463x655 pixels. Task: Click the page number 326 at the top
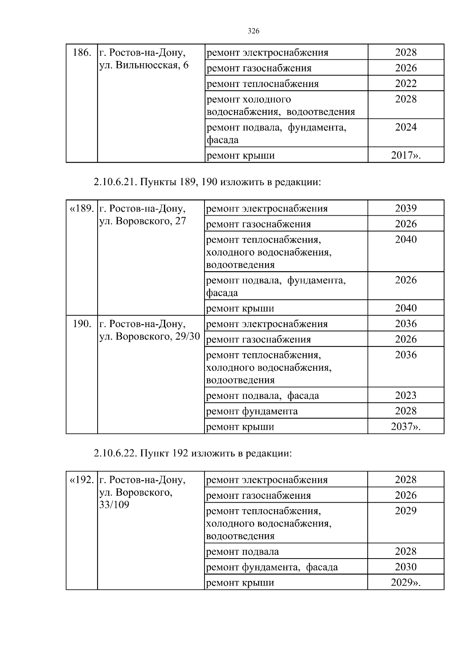click(x=253, y=31)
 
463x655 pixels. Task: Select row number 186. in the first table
click(x=82, y=53)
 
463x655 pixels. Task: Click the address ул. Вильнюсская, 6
click(x=144, y=65)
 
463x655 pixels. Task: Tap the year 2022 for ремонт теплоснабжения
click(x=406, y=84)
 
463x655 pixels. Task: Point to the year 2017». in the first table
click(x=406, y=155)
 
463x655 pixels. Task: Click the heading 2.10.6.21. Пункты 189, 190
click(x=207, y=182)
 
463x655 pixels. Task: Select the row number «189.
click(x=81, y=209)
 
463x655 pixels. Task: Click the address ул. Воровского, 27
click(x=143, y=221)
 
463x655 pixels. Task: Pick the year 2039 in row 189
click(x=406, y=208)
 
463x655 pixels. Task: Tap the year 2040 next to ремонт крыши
click(x=406, y=308)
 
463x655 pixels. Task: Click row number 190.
click(x=82, y=324)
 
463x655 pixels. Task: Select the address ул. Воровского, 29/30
click(x=150, y=336)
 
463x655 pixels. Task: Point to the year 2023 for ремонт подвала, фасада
click(x=406, y=395)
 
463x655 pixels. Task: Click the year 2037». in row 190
click(x=406, y=427)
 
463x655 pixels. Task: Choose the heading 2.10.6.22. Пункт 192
click(x=193, y=453)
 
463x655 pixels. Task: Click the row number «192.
click(x=81, y=480)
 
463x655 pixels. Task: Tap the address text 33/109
click(x=114, y=505)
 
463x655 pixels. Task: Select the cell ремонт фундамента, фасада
click(x=272, y=567)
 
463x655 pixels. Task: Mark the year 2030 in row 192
click(x=406, y=567)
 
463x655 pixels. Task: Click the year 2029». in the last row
click(x=406, y=582)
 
